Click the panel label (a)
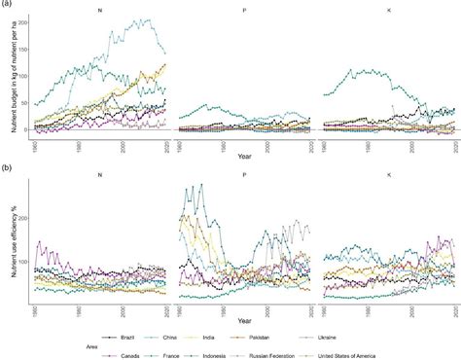6,5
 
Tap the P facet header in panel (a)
241,11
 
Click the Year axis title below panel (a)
241,158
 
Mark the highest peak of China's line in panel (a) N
148,19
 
